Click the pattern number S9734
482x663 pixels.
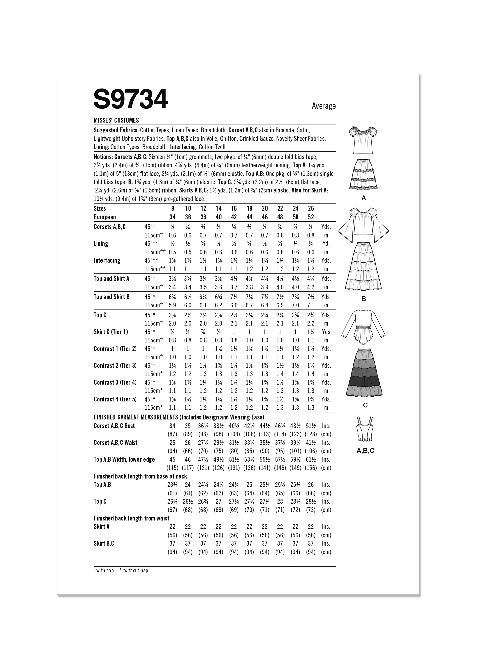pyautogui.click(x=131, y=99)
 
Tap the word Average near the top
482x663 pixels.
pyautogui.click(x=324, y=106)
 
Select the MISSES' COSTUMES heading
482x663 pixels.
pyautogui.click(x=116, y=120)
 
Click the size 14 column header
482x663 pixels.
pyautogui.click(x=219, y=208)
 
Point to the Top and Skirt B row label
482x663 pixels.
pyautogui.click(x=112, y=297)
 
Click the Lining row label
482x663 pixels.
pyautogui.click(x=101, y=244)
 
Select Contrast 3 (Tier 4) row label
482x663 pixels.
pyautogui.click(x=115, y=382)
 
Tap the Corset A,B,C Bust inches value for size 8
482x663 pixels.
pyautogui.click(x=173, y=426)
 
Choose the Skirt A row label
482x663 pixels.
pyautogui.click(x=102, y=527)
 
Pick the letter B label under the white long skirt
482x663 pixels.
pyautogui.click(x=364, y=299)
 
